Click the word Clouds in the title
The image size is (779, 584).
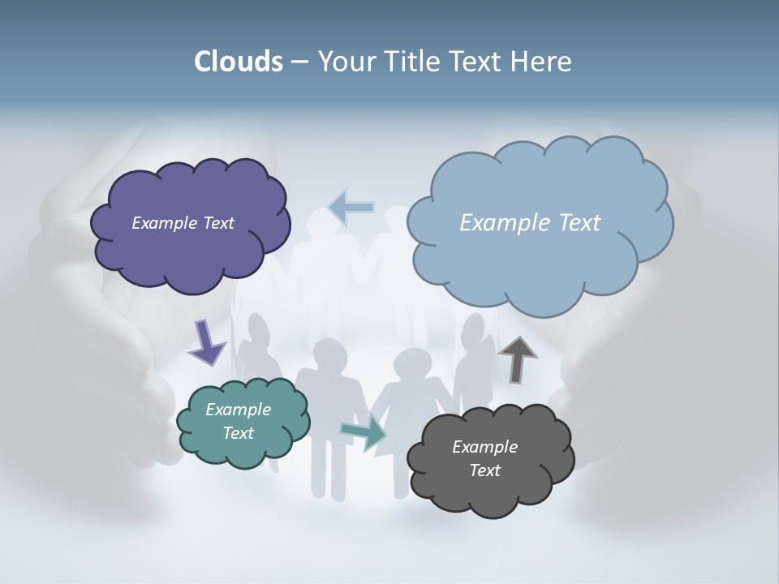pos(239,62)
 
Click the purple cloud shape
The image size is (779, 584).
pos(191,255)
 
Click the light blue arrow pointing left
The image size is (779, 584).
pos(351,208)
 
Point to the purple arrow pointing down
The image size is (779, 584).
pos(206,342)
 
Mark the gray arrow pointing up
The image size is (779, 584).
pos(518,358)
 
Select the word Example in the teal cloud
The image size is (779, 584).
pos(238,410)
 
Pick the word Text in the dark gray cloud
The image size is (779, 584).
pos(484,470)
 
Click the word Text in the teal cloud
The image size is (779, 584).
pos(238,433)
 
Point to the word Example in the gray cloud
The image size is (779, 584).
pos(484,447)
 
